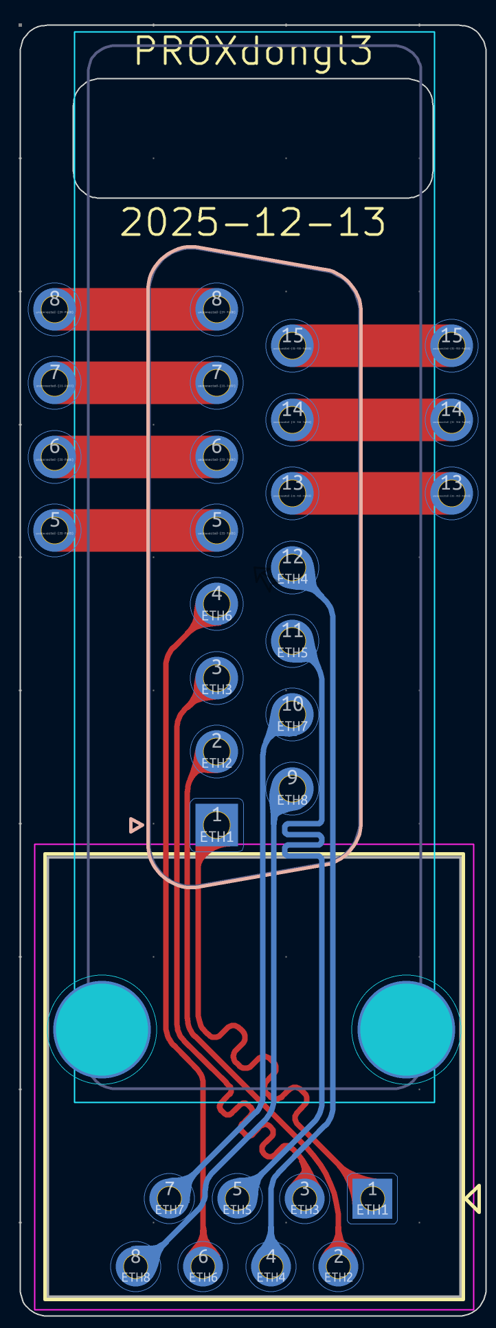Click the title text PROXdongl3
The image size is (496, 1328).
tap(253, 51)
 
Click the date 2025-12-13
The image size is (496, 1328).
tap(253, 222)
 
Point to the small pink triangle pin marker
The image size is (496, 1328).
tap(136, 825)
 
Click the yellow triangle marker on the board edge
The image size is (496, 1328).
tap(473, 1198)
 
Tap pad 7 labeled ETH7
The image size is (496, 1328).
tap(169, 1198)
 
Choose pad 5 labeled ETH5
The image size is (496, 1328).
tap(237, 1198)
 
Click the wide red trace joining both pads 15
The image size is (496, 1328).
tap(371, 345)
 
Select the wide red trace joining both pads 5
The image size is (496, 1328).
tap(136, 530)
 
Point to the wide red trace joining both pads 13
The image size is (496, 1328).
tap(371, 493)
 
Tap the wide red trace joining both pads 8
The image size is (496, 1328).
tap(136, 309)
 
